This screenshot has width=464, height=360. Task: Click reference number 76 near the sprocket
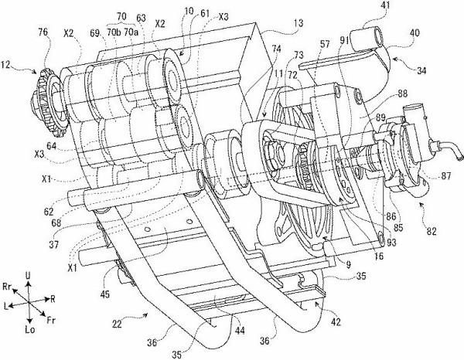tap(43, 32)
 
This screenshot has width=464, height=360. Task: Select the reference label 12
tap(6, 64)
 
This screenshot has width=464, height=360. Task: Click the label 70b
tap(114, 32)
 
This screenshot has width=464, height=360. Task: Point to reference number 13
tap(299, 23)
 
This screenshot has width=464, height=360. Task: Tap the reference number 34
tap(421, 71)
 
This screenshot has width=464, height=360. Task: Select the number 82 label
tap(432, 231)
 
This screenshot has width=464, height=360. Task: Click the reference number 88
tap(402, 93)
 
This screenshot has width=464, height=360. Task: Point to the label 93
tap(391, 243)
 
